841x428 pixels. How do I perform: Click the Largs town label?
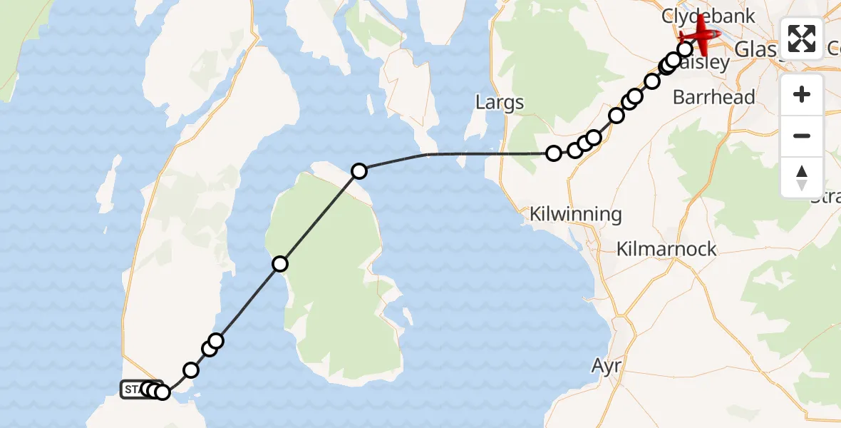point(500,102)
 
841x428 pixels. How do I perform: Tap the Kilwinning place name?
point(576,214)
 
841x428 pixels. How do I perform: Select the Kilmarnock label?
point(666,250)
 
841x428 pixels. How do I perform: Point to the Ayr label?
point(607,366)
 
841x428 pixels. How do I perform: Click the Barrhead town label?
point(713,97)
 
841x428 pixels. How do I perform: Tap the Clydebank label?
point(697,16)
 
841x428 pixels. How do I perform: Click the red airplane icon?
point(701,34)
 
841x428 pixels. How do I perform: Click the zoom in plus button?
point(802,94)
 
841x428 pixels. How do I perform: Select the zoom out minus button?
point(802,136)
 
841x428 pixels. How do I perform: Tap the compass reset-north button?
point(802,177)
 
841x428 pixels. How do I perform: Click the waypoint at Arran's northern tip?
point(359,171)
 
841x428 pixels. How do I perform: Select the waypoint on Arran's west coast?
point(280,265)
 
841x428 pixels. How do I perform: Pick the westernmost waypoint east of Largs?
point(554,153)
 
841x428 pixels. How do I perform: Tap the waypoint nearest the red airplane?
point(685,49)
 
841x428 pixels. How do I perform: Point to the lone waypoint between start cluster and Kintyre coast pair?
point(191,370)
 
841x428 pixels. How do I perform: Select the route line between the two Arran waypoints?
point(319,218)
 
